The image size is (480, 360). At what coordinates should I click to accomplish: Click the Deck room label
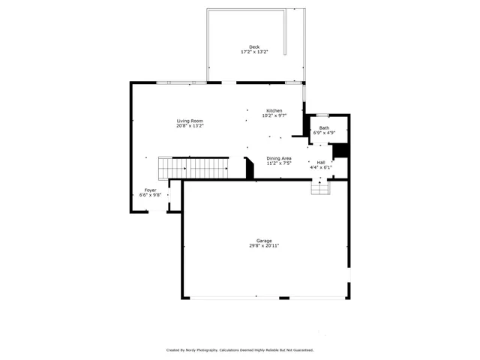254,47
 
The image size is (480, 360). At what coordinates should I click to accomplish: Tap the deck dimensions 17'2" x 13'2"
254,52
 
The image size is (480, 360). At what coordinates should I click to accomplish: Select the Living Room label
190,121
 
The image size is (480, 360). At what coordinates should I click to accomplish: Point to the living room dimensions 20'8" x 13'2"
190,126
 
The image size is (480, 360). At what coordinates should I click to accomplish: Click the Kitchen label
274,111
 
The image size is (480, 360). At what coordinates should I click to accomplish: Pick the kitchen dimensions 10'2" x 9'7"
274,116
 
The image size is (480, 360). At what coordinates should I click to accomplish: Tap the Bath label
324,127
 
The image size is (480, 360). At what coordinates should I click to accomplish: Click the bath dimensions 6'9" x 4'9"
324,133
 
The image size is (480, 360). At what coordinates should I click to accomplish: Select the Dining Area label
279,158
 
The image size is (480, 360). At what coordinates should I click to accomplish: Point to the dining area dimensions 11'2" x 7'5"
279,163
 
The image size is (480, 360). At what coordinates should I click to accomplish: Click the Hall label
321,162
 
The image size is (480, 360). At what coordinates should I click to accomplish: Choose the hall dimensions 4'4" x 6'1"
321,167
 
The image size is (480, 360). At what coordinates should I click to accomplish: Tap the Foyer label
151,190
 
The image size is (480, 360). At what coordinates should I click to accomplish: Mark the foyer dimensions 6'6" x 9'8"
151,196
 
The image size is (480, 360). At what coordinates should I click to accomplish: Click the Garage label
264,241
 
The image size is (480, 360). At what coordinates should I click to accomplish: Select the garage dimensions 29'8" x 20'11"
264,246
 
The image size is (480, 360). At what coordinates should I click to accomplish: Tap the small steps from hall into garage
320,187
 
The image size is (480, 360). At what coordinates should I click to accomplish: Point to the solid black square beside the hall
340,150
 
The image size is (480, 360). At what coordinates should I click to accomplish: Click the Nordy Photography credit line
240,349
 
